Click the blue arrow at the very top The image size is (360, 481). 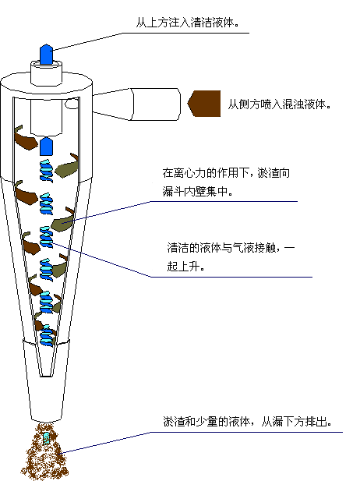click(x=46, y=54)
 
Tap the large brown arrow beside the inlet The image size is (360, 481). click(x=204, y=104)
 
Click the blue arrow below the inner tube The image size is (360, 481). click(x=46, y=146)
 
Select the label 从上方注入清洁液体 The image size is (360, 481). click(x=187, y=23)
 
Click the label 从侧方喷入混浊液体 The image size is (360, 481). click(x=280, y=104)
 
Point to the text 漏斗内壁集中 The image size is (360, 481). click(x=198, y=192)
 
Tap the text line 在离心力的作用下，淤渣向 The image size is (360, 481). click(x=226, y=173)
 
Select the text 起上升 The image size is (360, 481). click(x=185, y=266)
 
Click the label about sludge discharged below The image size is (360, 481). click(x=248, y=422)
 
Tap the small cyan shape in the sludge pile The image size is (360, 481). click(x=46, y=438)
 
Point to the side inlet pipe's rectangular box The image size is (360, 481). click(x=155, y=104)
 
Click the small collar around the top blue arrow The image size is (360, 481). click(x=46, y=73)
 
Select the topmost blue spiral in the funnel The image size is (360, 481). click(x=46, y=171)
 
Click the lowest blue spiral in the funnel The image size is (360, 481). click(x=47, y=335)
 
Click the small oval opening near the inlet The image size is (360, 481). click(x=71, y=104)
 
